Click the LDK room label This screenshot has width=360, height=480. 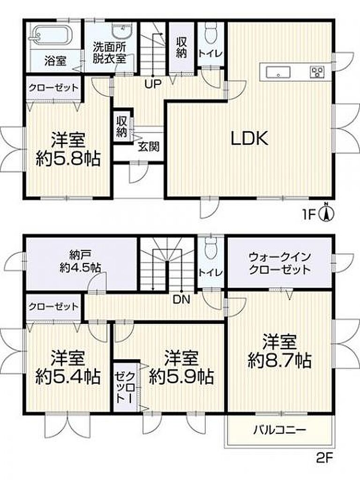coord(249,138)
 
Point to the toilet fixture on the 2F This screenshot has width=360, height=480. coord(210,247)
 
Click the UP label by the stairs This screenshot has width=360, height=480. coord(153,84)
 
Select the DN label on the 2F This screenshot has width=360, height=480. coord(181,300)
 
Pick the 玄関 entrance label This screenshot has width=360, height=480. coord(149,147)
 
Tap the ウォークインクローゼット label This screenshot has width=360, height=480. coord(280,262)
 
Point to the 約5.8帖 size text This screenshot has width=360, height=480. coord(68,159)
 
